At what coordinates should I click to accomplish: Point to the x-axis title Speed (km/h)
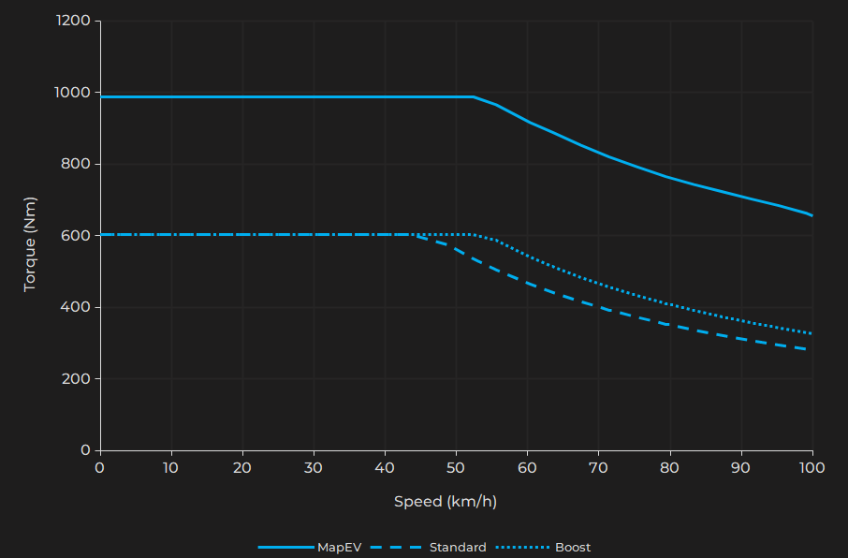pos(446,502)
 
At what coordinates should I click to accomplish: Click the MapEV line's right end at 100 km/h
pos(811,215)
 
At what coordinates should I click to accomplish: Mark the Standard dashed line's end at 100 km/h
pos(811,350)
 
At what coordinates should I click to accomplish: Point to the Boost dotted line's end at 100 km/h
pos(811,333)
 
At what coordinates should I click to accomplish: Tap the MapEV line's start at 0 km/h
pos(100,96)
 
